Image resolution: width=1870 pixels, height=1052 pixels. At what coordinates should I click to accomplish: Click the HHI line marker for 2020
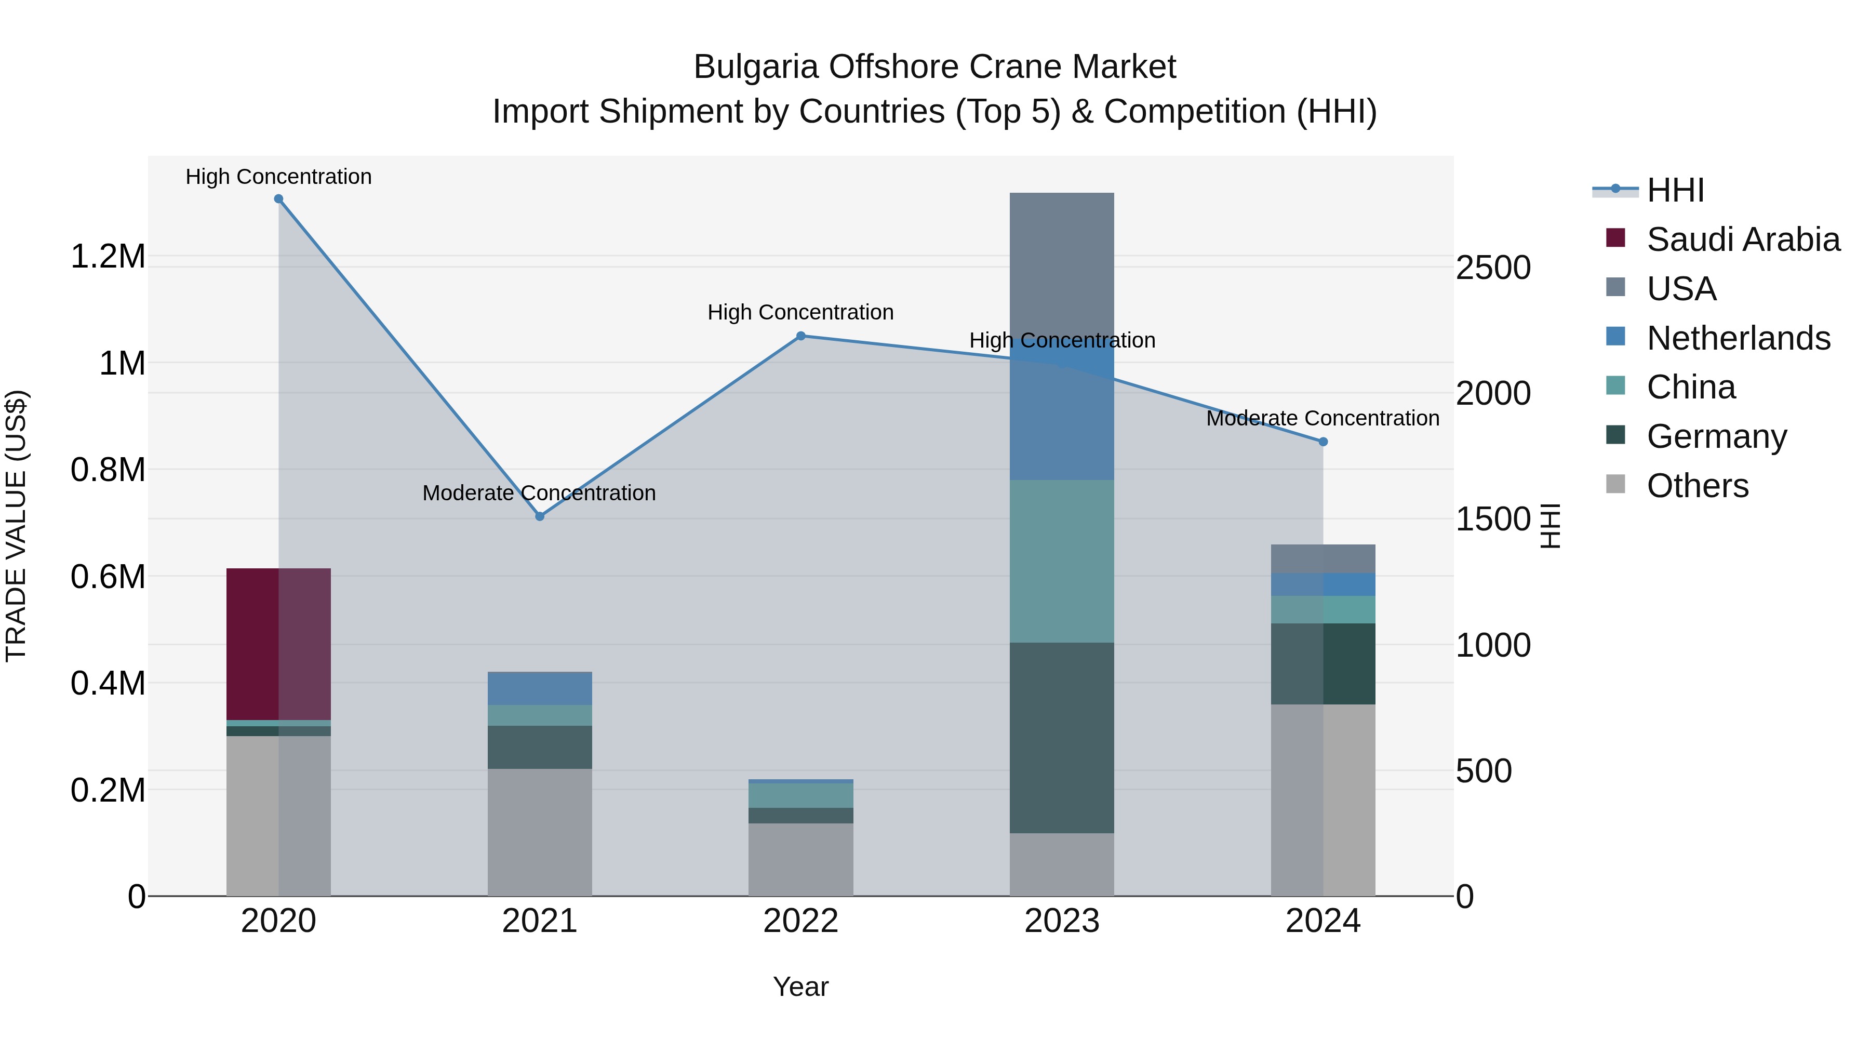pos(279,199)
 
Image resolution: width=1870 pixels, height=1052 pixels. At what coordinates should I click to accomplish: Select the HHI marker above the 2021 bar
pos(539,516)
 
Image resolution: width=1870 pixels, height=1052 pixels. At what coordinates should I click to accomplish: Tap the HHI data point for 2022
pos(800,336)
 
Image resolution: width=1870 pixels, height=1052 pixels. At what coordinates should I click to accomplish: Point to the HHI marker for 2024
pos(1323,442)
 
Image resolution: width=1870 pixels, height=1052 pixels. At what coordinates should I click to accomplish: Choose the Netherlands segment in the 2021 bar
pos(539,689)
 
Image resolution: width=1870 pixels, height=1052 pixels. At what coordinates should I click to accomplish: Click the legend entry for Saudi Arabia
pos(1742,239)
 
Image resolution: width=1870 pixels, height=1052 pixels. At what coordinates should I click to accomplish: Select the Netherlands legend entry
pos(1738,338)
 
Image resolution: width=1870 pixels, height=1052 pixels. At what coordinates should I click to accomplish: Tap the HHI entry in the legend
pos(1675,190)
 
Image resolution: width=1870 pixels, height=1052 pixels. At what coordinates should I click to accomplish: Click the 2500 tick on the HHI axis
pos(1493,268)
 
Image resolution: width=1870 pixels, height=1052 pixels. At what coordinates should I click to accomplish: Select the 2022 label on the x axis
pos(800,921)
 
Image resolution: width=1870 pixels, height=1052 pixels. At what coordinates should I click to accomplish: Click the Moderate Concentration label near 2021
pos(539,493)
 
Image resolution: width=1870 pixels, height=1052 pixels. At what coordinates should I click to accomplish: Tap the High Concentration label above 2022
pos(800,312)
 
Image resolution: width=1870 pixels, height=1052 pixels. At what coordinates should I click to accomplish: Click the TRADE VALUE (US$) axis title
pos(16,526)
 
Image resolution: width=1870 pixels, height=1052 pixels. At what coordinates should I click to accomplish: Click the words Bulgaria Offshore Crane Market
pos(934,67)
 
